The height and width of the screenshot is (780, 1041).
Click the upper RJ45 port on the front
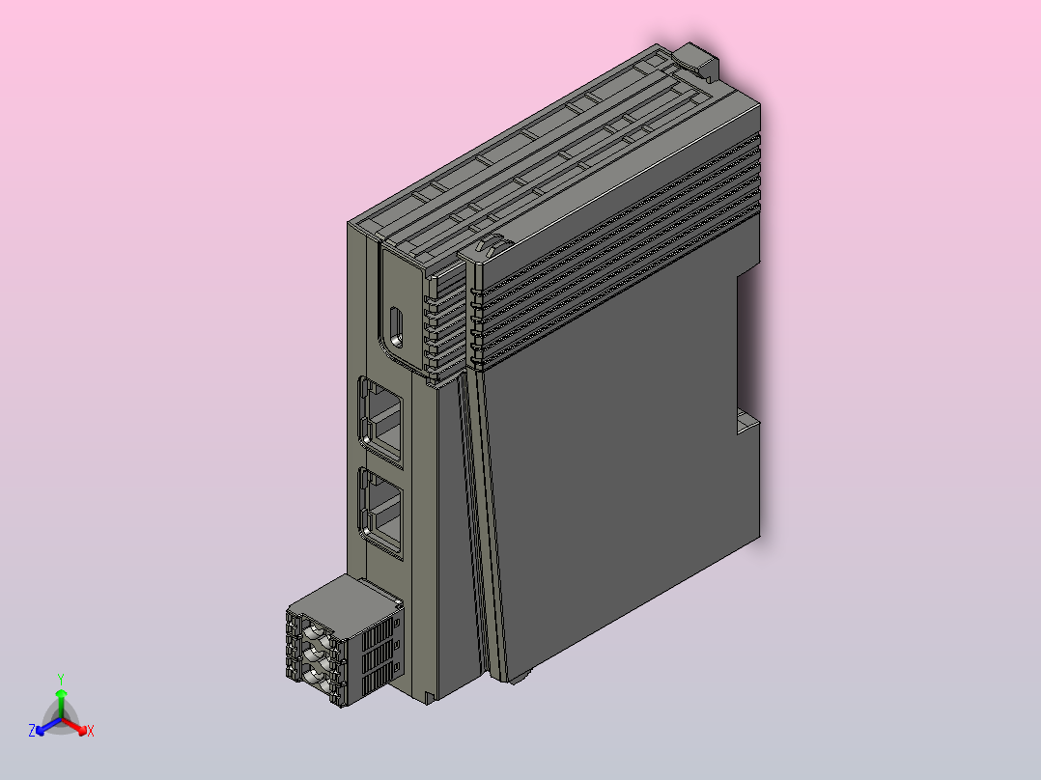[x=381, y=422]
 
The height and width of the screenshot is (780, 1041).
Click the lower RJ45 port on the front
[x=381, y=513]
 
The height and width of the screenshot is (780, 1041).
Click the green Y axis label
[x=61, y=679]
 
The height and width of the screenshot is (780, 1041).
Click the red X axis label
[x=91, y=731]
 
